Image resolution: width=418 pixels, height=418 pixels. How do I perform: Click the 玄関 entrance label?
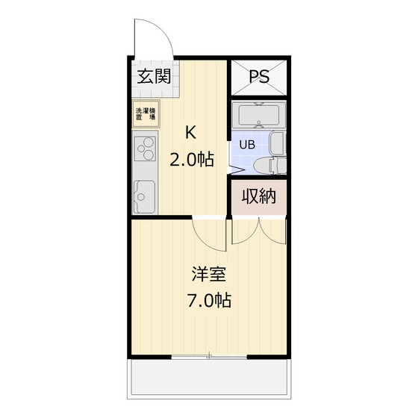(x=154, y=76)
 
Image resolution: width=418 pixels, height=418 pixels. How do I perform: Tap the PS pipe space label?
(x=259, y=76)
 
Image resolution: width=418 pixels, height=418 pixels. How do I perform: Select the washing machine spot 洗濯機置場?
(x=146, y=113)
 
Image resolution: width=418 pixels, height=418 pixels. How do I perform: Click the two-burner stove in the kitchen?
(x=145, y=149)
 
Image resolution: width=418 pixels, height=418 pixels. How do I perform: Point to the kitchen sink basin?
(x=144, y=196)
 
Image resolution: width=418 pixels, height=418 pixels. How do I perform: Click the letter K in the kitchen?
(x=191, y=133)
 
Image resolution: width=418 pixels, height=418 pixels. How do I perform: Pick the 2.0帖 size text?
(x=192, y=160)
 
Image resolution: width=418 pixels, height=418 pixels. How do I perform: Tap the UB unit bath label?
(x=247, y=145)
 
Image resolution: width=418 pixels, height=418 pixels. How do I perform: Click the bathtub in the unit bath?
(x=259, y=115)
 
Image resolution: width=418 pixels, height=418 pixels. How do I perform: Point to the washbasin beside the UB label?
(x=278, y=143)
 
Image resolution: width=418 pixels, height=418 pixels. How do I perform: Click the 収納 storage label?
(x=258, y=196)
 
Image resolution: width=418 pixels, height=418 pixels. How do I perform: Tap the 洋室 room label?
(x=209, y=274)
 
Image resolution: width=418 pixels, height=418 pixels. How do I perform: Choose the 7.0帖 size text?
(x=209, y=301)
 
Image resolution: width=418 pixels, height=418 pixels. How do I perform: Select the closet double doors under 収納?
(x=259, y=231)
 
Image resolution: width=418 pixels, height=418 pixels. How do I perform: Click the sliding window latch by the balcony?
(x=210, y=355)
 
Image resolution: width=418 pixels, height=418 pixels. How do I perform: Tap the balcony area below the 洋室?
(x=209, y=378)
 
